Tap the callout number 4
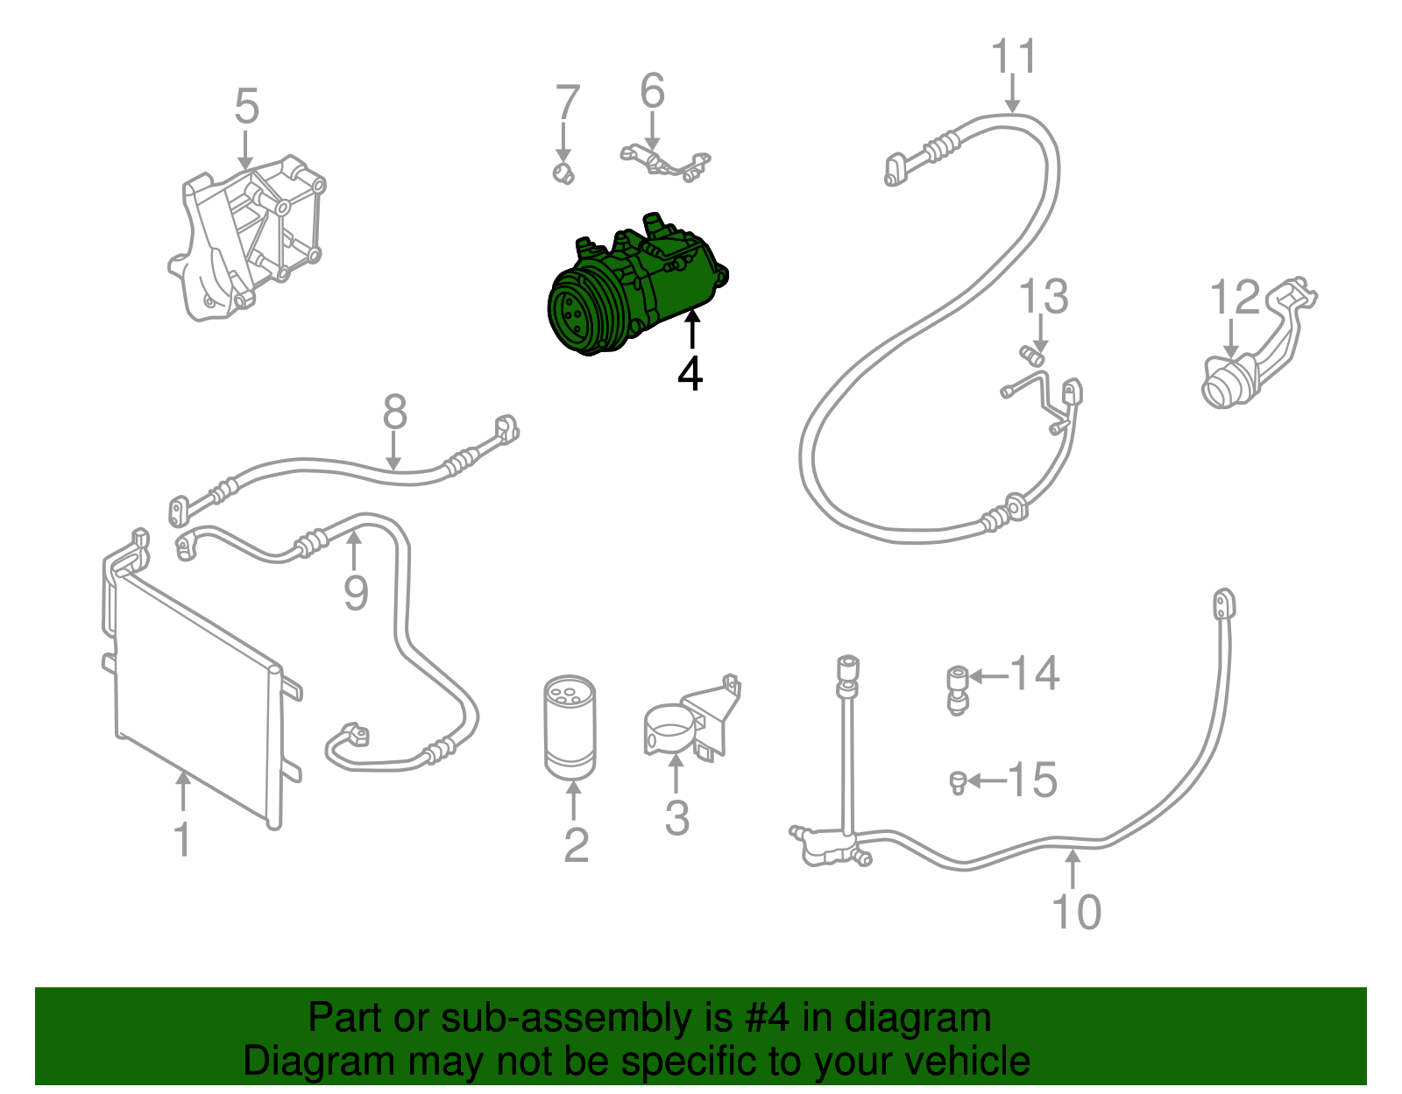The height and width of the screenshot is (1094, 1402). click(690, 373)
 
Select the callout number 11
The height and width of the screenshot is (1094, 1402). click(1014, 57)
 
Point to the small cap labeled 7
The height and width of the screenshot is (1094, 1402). click(563, 173)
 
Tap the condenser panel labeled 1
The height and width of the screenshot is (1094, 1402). click(197, 692)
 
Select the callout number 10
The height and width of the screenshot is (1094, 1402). click(1075, 912)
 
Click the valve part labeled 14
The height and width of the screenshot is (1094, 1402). click(958, 688)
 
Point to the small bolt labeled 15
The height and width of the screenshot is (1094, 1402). click(958, 781)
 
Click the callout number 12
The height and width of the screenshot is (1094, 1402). click(1234, 298)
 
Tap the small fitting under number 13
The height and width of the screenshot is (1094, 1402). click(1033, 355)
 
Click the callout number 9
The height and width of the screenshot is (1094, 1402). click(355, 593)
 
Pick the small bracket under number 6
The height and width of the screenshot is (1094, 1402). click(666, 163)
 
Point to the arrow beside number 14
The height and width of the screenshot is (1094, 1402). click(987, 675)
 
